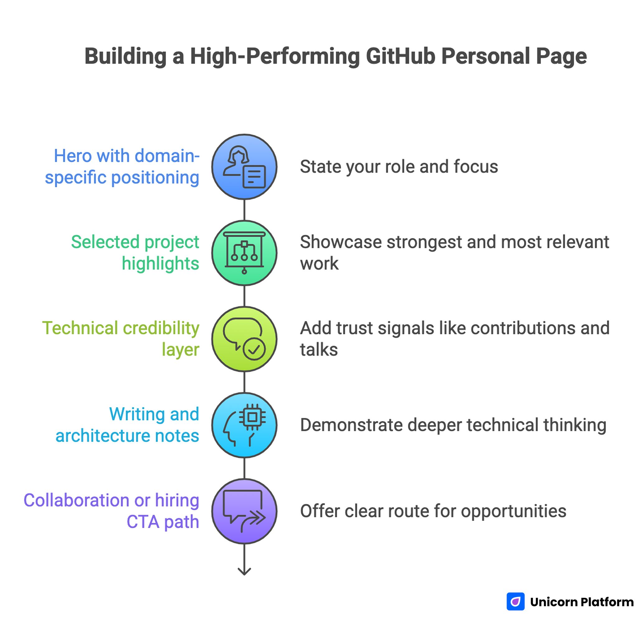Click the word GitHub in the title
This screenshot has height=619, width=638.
click(400, 56)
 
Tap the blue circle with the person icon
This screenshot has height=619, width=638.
click(244, 167)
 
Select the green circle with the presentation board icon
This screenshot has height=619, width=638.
click(244, 253)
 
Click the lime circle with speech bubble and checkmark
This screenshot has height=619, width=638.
click(244, 339)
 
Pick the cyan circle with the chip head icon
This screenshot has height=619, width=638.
click(244, 425)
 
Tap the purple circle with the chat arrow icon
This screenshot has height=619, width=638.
click(244, 511)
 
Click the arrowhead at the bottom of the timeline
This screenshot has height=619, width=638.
click(244, 571)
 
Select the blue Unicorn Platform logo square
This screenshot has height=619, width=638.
click(516, 602)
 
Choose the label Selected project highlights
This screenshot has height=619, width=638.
click(135, 253)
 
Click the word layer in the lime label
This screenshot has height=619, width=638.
click(180, 350)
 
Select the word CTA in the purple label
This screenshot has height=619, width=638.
click(143, 522)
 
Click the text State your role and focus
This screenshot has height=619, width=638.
click(399, 167)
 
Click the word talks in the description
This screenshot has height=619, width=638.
click(319, 350)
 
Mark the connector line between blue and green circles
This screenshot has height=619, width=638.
click(244, 210)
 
